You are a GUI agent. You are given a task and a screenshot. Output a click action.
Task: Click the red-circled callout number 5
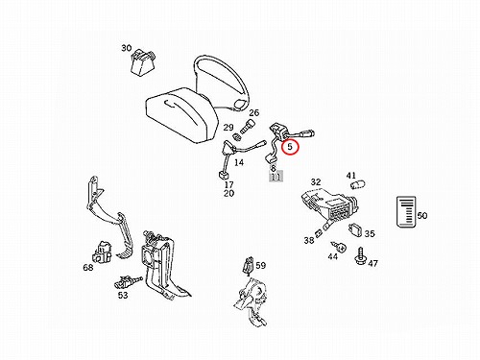coord(290,147)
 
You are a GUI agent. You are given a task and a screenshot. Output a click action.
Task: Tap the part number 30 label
coord(127,48)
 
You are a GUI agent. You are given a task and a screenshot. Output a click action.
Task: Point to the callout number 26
coord(253,112)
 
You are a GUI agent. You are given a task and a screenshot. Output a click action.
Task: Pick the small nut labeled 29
coord(237,137)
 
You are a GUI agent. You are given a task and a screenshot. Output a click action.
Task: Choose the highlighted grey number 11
coord(276,177)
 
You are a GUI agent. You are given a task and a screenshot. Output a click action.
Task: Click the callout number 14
coord(239,162)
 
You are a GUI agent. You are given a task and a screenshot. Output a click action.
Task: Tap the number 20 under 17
coord(228,193)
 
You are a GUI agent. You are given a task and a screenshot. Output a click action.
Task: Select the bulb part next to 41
coord(358,185)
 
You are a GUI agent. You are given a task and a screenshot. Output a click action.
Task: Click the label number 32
coord(316,181)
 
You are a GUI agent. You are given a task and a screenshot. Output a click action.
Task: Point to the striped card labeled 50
coord(406,211)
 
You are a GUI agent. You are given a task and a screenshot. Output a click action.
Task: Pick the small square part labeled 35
coord(355,230)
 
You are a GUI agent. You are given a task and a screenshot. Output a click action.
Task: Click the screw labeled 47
coord(361,255)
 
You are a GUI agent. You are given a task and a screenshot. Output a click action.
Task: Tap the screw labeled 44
coord(339,247)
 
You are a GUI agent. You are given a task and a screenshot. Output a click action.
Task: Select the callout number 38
coord(309,240)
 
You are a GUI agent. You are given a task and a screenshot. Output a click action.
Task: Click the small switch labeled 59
coord(249,266)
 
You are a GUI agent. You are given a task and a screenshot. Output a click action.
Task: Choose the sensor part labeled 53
coord(128,282)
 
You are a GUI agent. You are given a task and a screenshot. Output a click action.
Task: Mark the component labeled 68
coord(101,252)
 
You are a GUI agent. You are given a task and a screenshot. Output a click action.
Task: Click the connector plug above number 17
coord(223,176)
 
